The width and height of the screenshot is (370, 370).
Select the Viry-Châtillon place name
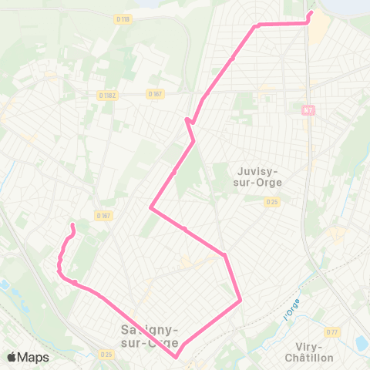(x=308, y=352)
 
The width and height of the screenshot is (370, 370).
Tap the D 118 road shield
(x=122, y=19)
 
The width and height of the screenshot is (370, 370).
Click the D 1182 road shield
(x=107, y=95)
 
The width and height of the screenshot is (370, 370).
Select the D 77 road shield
(x=332, y=332)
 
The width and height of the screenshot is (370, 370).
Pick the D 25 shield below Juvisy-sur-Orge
(x=271, y=202)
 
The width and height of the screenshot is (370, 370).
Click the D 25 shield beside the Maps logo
(x=106, y=355)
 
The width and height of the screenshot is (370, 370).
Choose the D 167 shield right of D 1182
(x=156, y=94)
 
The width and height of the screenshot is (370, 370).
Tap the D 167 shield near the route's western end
(x=104, y=216)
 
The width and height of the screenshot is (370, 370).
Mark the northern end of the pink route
(x=311, y=13)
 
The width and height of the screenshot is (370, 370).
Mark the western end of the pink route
(x=73, y=225)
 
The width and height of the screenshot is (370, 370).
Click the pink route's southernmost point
(x=177, y=357)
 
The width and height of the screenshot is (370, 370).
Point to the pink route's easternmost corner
(x=241, y=300)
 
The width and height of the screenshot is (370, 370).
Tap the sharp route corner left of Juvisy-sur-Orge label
(x=151, y=208)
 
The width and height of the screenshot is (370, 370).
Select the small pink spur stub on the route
(x=187, y=119)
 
